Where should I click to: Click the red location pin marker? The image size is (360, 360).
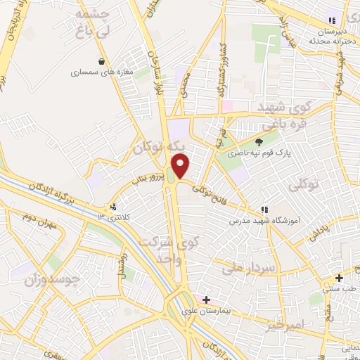(x=181, y=166)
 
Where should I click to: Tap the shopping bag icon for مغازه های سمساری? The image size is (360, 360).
(x=103, y=60)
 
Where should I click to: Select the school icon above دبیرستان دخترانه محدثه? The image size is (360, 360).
(x=331, y=21)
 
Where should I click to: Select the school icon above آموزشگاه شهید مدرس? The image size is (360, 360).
(x=264, y=209)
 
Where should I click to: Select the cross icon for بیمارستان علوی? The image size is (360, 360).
(x=206, y=300)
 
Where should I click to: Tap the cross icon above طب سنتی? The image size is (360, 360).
(x=339, y=278)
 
